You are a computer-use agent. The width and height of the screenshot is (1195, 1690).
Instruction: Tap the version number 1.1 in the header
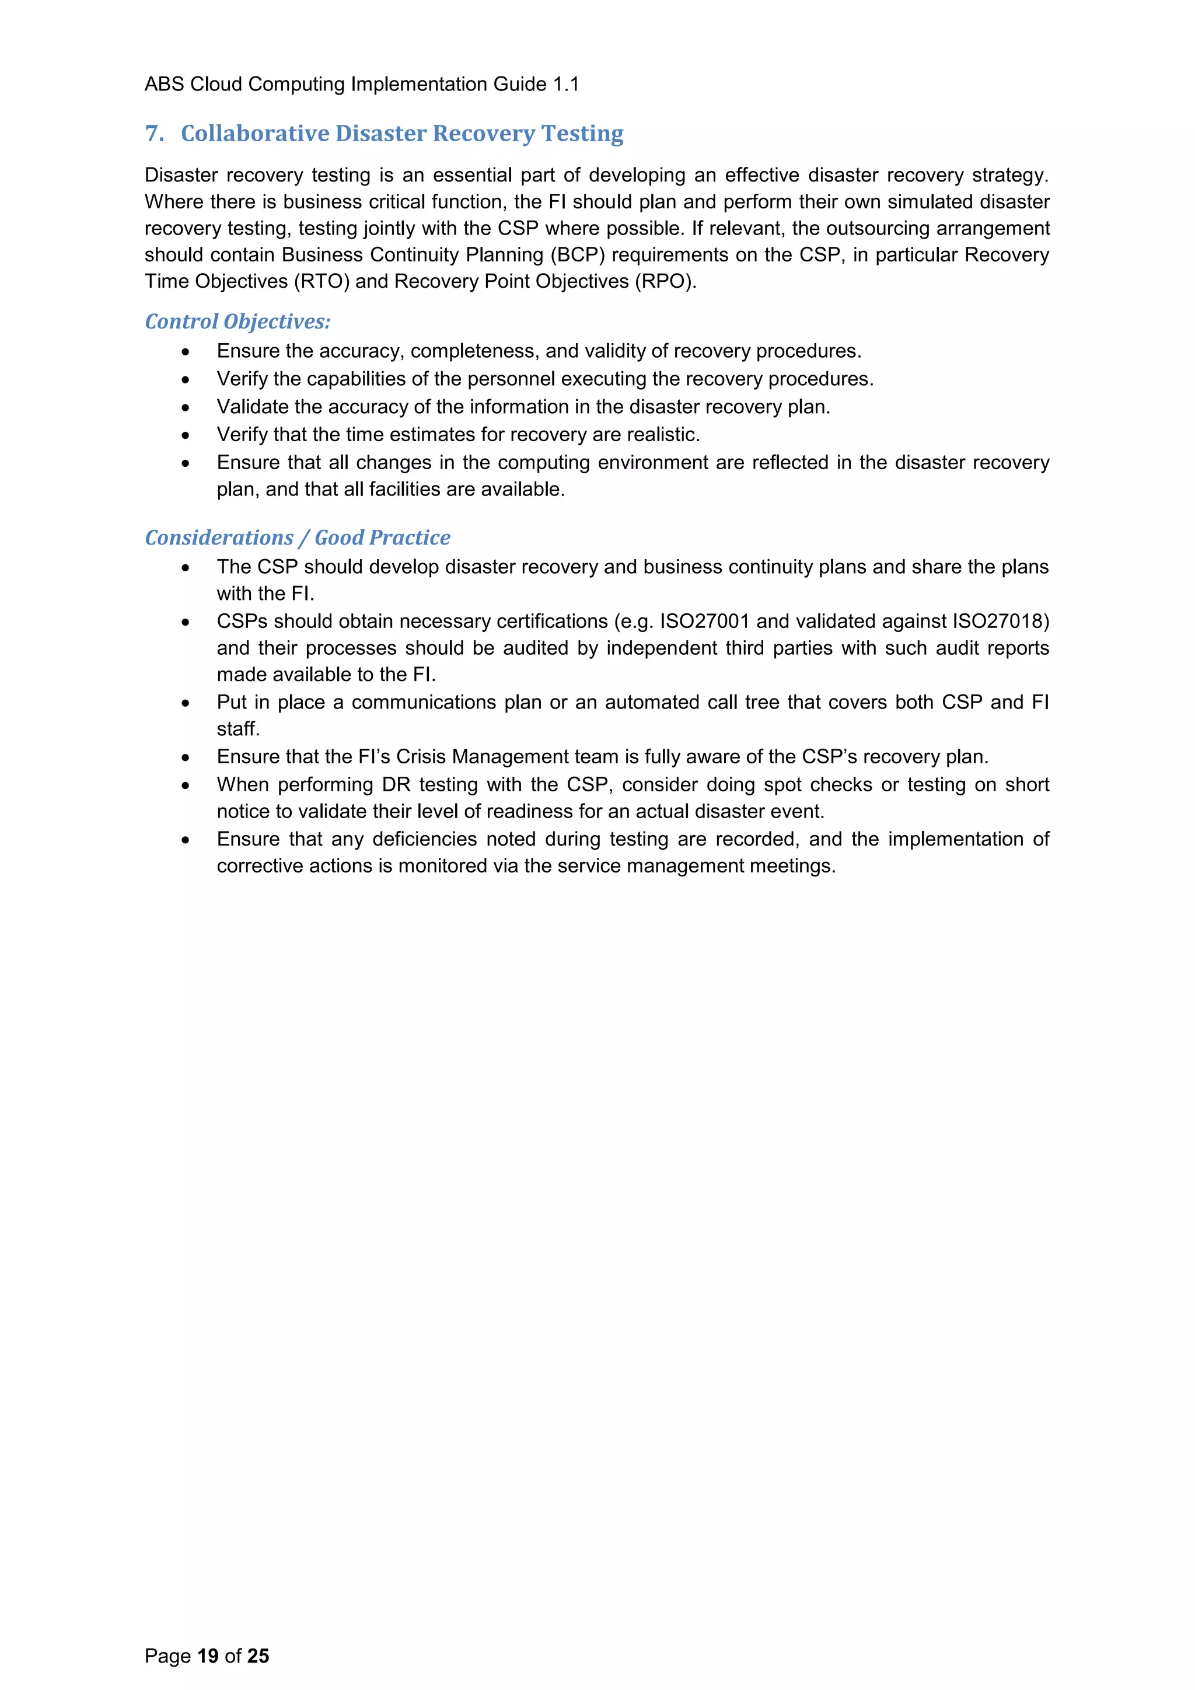coord(566,85)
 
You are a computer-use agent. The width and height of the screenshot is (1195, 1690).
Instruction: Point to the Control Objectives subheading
coord(237,322)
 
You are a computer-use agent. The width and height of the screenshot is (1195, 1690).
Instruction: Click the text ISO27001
coord(704,621)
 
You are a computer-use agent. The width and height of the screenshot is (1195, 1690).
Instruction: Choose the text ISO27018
coord(1001,621)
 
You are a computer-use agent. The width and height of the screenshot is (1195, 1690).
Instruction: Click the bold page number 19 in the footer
coord(208,1656)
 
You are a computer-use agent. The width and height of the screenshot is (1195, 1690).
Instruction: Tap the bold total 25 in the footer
coord(258,1656)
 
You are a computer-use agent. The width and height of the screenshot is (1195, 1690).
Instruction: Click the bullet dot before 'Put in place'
coord(186,704)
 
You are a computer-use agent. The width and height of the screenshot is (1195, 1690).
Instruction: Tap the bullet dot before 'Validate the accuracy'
coord(186,408)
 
